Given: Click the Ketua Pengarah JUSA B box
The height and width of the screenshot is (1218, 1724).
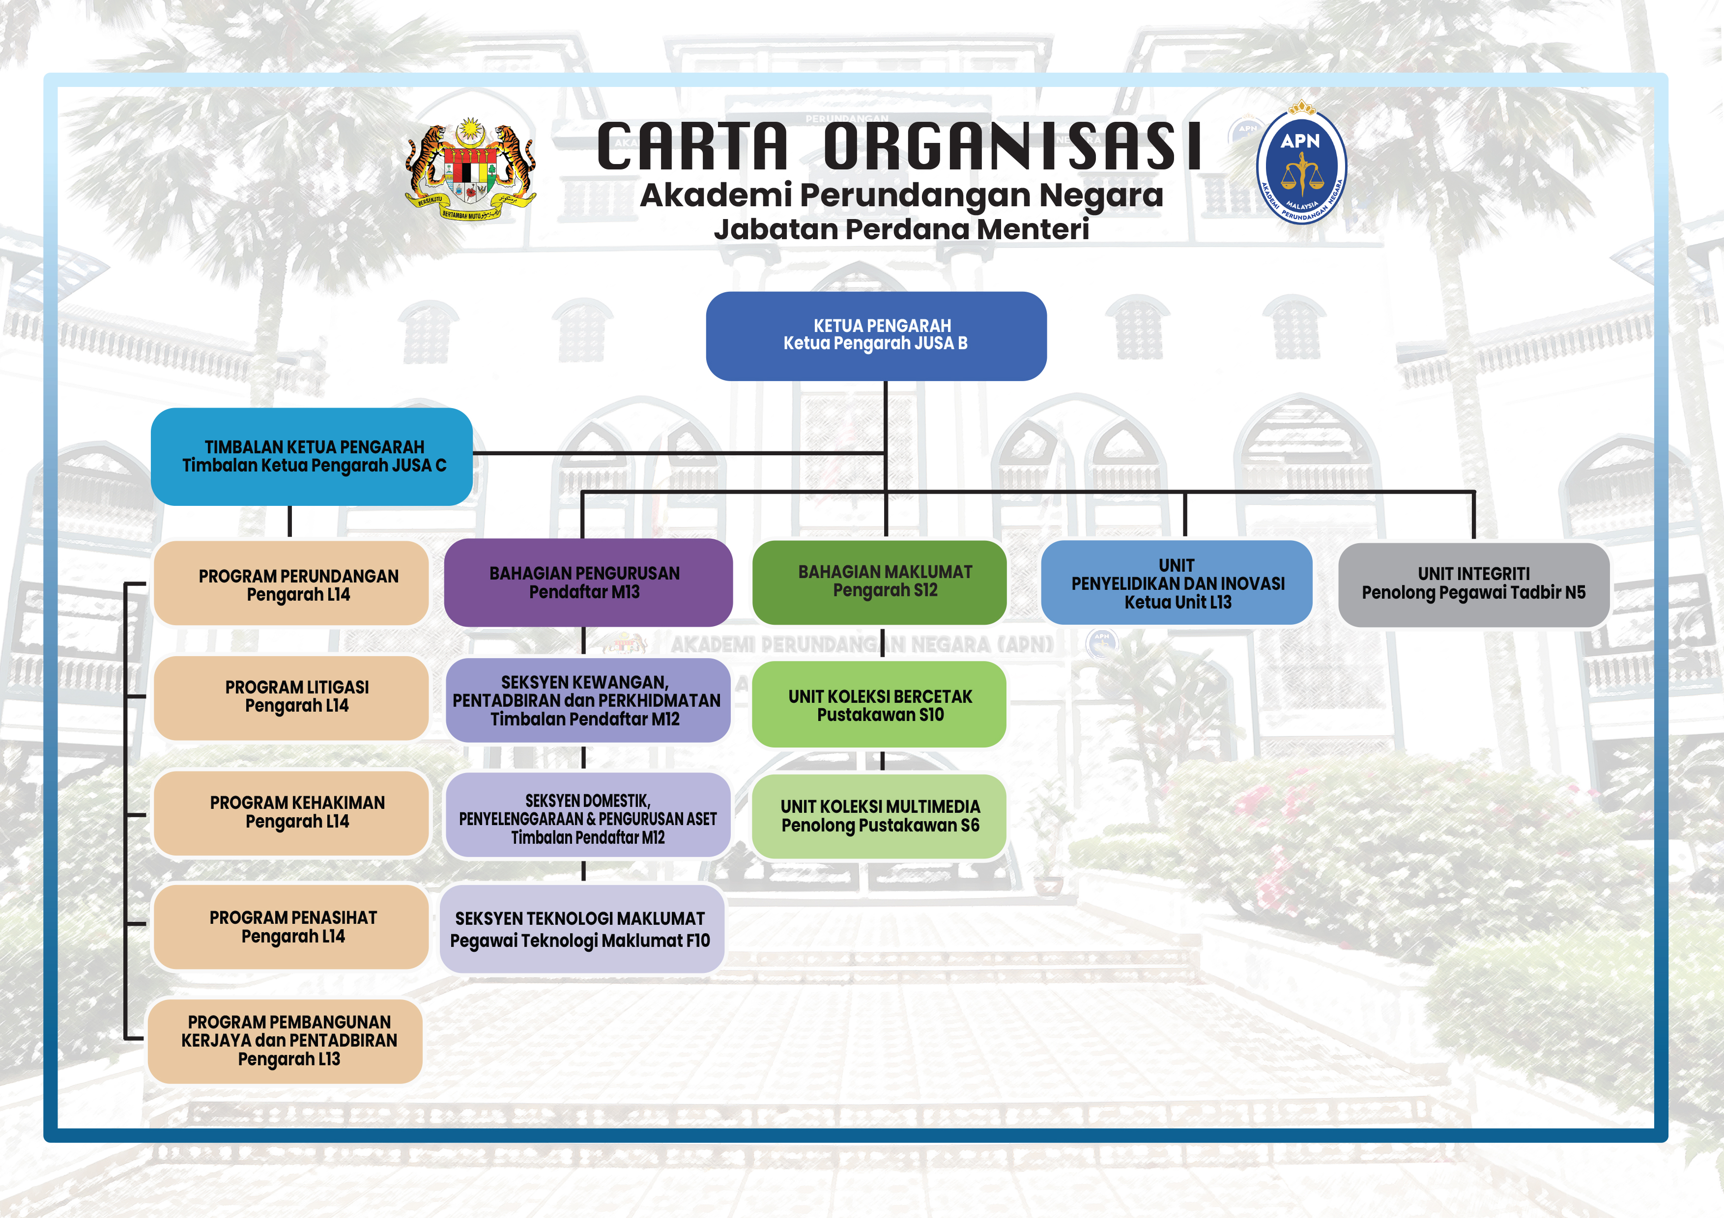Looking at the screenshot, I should [x=876, y=335].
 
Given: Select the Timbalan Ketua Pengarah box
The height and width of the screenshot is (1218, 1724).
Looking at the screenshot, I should [x=312, y=456].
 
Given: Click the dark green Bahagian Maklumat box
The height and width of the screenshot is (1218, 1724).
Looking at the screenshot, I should [x=879, y=581].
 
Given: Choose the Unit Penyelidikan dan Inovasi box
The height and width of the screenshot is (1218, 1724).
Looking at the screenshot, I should [x=1177, y=582].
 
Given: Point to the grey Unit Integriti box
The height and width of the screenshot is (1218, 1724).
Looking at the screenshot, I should [x=1473, y=584].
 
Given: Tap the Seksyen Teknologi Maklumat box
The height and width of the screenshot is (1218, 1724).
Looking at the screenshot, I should [x=582, y=929].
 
